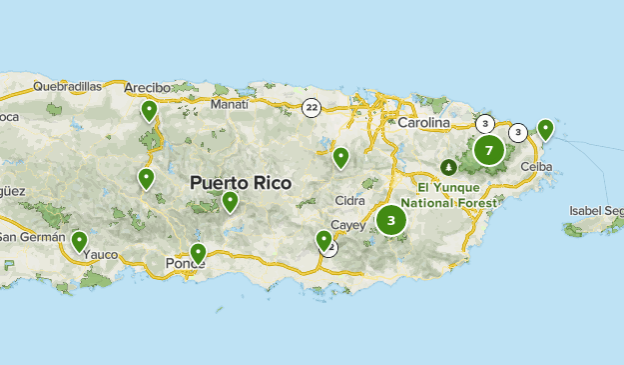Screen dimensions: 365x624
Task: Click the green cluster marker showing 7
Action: pyautogui.click(x=488, y=151)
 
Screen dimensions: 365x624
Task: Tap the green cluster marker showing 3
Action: pyautogui.click(x=391, y=221)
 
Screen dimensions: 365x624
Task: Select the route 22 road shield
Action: pyautogui.click(x=312, y=107)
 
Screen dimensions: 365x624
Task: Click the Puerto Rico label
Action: pyautogui.click(x=241, y=184)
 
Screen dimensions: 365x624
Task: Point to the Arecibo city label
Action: pyautogui.click(x=148, y=88)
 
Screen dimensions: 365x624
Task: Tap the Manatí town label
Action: pyautogui.click(x=230, y=103)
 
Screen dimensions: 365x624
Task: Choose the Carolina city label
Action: pyautogui.click(x=423, y=123)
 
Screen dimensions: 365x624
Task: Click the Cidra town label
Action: pyautogui.click(x=350, y=200)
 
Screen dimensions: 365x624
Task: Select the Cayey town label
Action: pyautogui.click(x=348, y=225)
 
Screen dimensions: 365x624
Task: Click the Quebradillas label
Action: pyautogui.click(x=67, y=87)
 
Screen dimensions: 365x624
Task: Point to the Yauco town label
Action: pyautogui.click(x=100, y=255)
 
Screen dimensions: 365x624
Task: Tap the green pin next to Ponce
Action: pyautogui.click(x=198, y=253)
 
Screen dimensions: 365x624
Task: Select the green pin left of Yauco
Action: pyautogui.click(x=79, y=240)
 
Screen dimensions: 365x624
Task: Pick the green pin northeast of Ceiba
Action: pyautogui.click(x=545, y=128)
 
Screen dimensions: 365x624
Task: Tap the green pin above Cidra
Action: pyautogui.click(x=340, y=156)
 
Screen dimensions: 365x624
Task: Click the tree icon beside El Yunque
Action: pyautogui.click(x=446, y=166)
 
